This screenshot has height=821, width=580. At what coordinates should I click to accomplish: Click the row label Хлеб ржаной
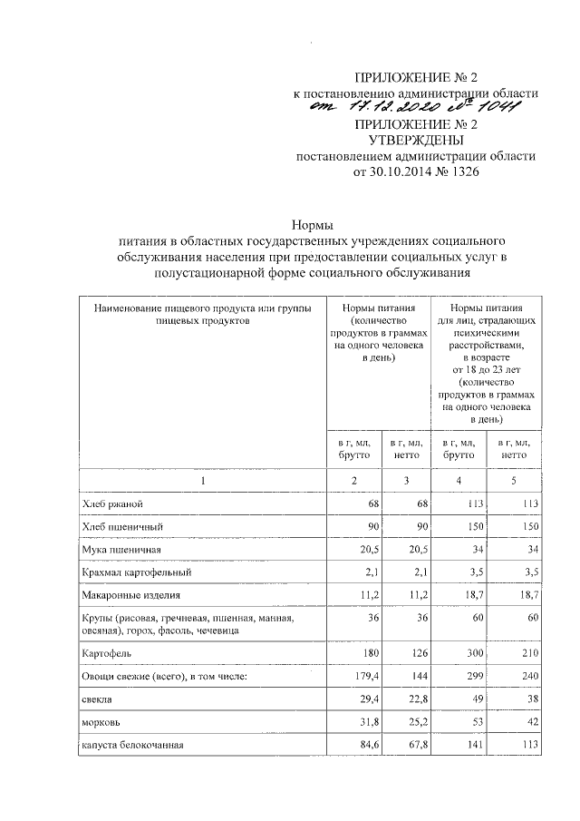click(112, 503)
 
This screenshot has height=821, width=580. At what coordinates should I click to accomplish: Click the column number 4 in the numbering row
click(459, 480)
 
